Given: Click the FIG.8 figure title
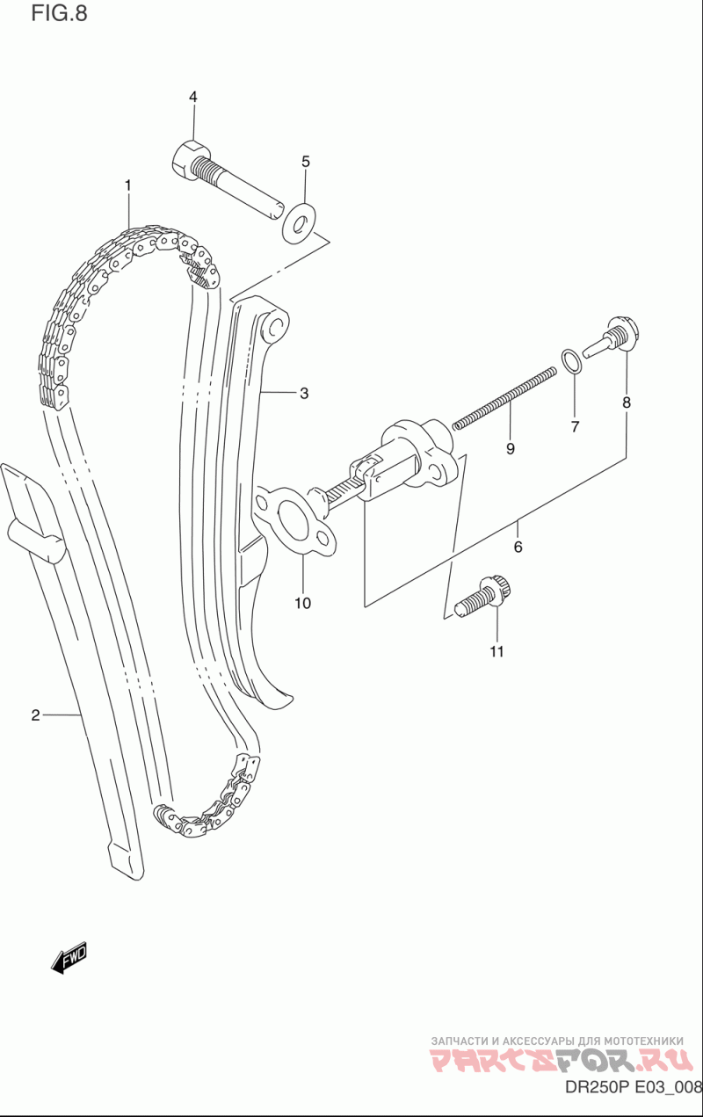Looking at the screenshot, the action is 59,14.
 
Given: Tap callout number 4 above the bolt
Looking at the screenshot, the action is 192,97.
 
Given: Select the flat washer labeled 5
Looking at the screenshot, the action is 299,222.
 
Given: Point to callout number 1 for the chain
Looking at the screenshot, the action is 127,185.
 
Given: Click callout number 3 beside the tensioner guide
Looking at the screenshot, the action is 304,393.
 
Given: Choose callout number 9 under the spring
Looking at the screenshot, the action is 510,449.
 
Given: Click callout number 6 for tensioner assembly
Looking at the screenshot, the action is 518,547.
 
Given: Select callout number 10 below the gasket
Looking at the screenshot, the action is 302,604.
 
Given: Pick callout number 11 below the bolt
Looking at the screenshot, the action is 496,651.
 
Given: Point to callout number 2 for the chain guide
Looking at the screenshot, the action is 35,715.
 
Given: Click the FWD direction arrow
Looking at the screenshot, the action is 69,957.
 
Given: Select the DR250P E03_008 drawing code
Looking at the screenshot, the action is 630,1090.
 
